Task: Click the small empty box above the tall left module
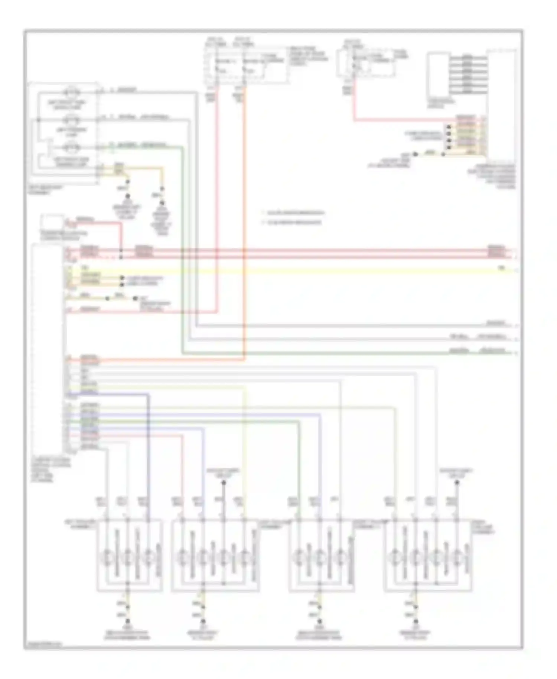click(52, 222)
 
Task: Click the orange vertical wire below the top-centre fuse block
click(244, 223)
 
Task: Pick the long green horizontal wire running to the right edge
click(334, 353)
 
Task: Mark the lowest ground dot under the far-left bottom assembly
click(128, 621)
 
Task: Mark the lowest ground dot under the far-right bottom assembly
click(416, 621)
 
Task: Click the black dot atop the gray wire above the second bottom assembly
click(224, 483)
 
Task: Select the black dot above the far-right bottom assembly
click(457, 483)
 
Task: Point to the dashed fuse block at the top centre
click(245, 65)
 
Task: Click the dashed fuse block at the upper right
click(366, 63)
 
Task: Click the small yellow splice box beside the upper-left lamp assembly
click(119, 169)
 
